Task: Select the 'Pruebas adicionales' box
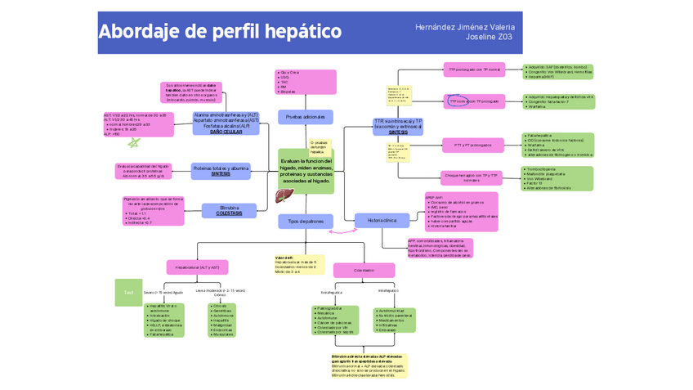pyautogui.click(x=305, y=118)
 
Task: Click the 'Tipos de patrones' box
pyautogui.click(x=306, y=222)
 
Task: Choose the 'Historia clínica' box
pyautogui.click(x=382, y=220)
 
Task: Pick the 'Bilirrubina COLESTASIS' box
pyautogui.click(x=229, y=210)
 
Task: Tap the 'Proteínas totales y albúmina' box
pyautogui.click(x=220, y=170)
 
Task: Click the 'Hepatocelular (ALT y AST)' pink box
pyautogui.click(x=197, y=267)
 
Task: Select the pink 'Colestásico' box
pyautogui.click(x=364, y=270)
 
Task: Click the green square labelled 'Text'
pyautogui.click(x=128, y=293)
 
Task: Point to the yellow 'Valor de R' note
pyautogui.click(x=299, y=264)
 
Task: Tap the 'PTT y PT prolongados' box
pyautogui.click(x=472, y=146)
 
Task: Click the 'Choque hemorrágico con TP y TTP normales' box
pyautogui.click(x=472, y=176)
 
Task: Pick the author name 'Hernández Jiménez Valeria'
pyautogui.click(x=464, y=27)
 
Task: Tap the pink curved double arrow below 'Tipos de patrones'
pyautogui.click(x=337, y=231)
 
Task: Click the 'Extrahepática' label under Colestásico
pyautogui.click(x=331, y=292)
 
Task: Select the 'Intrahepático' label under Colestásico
pyautogui.click(x=388, y=290)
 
